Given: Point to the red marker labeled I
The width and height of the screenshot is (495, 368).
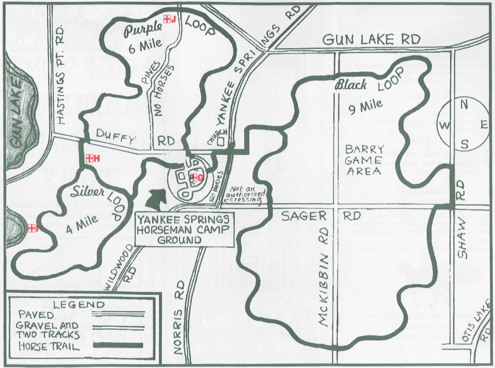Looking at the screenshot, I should coord(31,228).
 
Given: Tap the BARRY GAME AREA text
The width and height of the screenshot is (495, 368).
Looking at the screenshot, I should coord(364,160).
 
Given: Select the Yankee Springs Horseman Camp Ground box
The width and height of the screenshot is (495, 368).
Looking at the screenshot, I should coord(184,229).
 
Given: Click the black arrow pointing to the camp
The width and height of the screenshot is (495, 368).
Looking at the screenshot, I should coord(157,199).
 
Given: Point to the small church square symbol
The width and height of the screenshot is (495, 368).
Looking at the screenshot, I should coord(220,141).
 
